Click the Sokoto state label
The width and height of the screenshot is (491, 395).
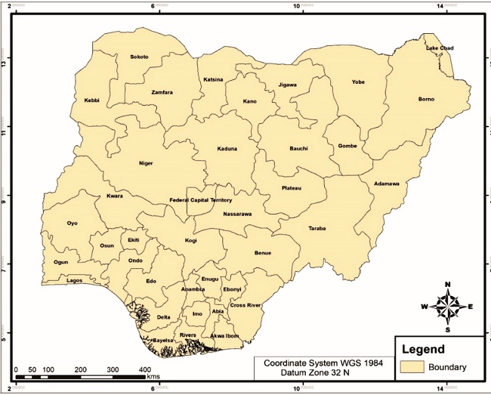139,57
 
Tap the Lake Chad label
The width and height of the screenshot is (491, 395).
440,48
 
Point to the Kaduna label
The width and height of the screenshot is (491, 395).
227,149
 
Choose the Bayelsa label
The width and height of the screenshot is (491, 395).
163,341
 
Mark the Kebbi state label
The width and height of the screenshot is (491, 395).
92,100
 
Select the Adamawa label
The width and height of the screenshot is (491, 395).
386,184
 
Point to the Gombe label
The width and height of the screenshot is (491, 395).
347,145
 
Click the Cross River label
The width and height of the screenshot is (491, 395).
246,305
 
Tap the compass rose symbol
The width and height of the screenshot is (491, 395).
448,307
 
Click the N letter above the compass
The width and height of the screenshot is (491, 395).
448,285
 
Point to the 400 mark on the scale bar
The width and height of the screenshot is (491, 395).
144,369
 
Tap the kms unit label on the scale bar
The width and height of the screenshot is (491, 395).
153,375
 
